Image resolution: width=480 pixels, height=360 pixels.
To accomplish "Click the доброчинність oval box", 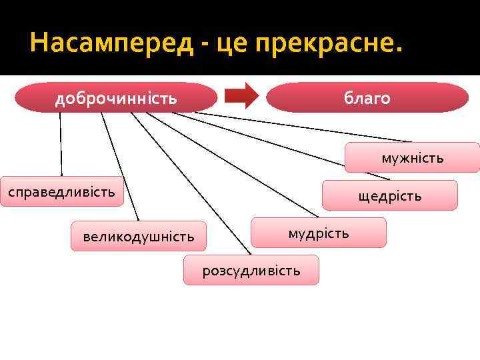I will point(117,98).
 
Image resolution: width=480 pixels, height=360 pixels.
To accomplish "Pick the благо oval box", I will point(367,98).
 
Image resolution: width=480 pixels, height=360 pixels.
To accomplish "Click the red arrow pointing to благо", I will point(241,96).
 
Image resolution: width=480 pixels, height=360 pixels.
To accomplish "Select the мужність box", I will point(412,157).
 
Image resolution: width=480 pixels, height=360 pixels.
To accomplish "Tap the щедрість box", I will point(389,195).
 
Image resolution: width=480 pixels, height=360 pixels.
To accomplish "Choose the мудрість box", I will point(318,233).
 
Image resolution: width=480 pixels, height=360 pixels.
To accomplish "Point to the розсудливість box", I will point(251,270).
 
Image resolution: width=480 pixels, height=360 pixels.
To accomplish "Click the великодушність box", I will point(139,236).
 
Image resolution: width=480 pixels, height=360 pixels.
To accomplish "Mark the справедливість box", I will point(61,192).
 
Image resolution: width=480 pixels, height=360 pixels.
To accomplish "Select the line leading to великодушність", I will point(120,167).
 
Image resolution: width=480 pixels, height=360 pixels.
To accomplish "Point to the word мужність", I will point(412,158).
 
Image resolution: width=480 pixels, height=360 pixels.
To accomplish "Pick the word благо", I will point(367,99).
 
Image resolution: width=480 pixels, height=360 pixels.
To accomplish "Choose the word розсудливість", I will point(251,271).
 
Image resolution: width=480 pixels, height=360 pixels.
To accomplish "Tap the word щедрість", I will point(389,196).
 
